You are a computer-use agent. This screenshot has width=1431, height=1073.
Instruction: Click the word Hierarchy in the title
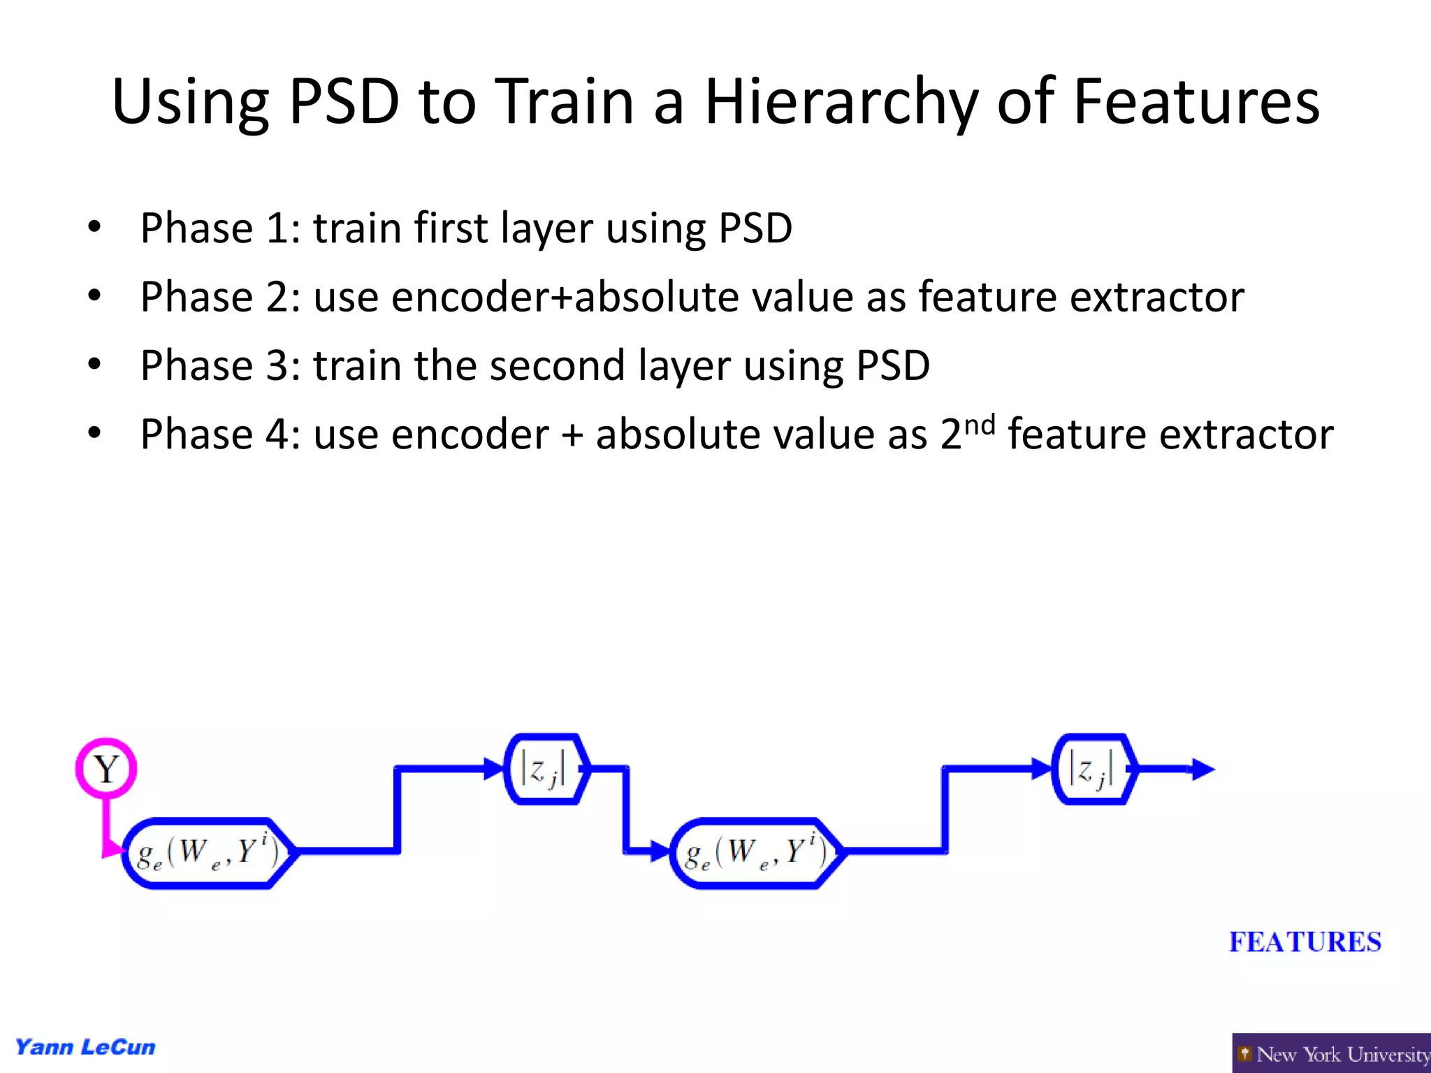(842, 103)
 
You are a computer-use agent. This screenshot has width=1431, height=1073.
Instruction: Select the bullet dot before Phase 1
(94, 227)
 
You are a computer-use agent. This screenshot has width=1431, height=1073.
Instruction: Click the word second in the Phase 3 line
(556, 365)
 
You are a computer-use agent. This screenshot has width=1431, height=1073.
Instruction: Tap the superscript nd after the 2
(980, 424)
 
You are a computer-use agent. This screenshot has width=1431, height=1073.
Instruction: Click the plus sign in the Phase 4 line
(572, 435)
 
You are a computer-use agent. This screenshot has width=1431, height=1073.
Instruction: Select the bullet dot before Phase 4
(94, 433)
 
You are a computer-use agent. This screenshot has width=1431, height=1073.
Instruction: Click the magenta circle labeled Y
(106, 768)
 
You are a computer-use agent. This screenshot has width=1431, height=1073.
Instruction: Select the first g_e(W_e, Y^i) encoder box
(208, 852)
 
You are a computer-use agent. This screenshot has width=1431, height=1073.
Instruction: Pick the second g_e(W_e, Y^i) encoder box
(757, 852)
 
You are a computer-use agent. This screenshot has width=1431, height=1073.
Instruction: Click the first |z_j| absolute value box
(546, 769)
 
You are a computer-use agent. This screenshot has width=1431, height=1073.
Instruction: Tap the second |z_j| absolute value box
(1094, 769)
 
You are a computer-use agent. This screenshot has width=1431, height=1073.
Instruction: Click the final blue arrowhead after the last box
(1203, 769)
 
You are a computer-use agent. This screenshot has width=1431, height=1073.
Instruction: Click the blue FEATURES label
(1305, 942)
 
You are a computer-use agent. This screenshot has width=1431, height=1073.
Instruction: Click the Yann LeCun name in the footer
(85, 1047)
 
